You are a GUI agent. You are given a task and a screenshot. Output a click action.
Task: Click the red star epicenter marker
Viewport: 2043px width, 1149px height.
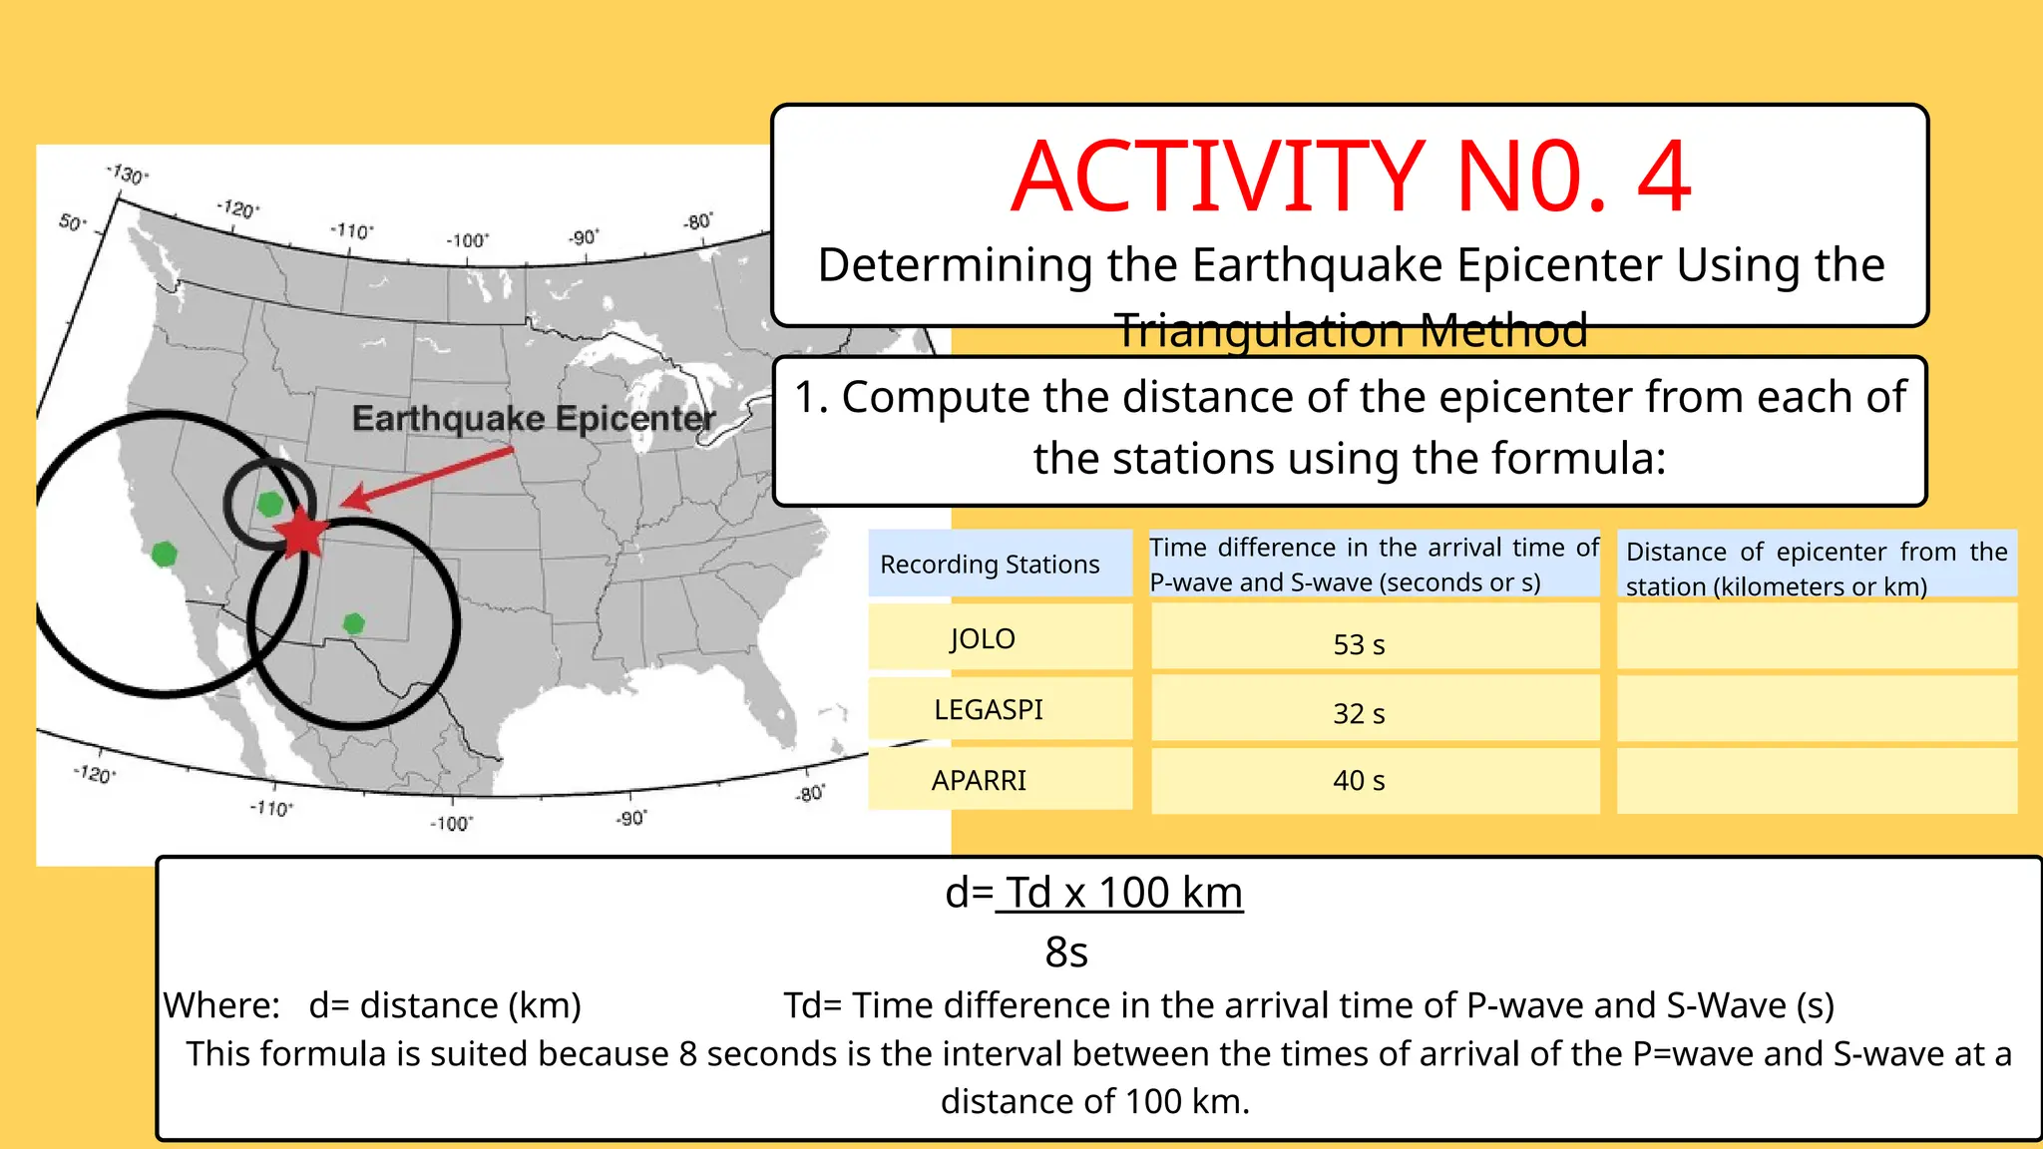click(300, 534)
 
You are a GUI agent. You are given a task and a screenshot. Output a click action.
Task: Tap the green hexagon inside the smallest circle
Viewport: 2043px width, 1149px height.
click(269, 504)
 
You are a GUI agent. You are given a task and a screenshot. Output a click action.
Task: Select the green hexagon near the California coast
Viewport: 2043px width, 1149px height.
click(165, 554)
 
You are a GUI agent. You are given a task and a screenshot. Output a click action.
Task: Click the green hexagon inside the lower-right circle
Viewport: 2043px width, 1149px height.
click(353, 623)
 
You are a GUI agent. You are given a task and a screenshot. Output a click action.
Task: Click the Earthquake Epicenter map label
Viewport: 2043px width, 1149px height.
click(534, 418)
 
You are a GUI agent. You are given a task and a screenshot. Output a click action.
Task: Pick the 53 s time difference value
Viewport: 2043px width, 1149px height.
click(1359, 644)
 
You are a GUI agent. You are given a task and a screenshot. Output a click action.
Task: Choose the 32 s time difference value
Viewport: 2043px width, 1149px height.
click(1359, 713)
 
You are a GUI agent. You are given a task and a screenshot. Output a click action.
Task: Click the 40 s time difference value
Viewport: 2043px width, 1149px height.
click(1359, 780)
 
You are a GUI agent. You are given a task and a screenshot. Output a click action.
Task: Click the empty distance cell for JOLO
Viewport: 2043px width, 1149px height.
click(1816, 636)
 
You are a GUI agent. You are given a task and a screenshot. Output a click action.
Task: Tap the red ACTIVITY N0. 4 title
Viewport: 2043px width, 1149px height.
click(1351, 178)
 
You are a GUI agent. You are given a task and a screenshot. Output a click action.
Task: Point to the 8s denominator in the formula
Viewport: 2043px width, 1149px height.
click(1066, 952)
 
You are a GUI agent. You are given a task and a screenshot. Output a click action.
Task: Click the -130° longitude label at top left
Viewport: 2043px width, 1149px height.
click(128, 174)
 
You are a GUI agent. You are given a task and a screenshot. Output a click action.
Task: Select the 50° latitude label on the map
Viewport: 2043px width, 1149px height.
click(73, 221)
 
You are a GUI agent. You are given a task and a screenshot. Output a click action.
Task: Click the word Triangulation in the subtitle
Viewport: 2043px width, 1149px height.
click(1262, 330)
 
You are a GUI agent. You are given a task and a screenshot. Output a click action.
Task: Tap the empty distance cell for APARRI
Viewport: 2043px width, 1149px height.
click(1816, 780)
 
